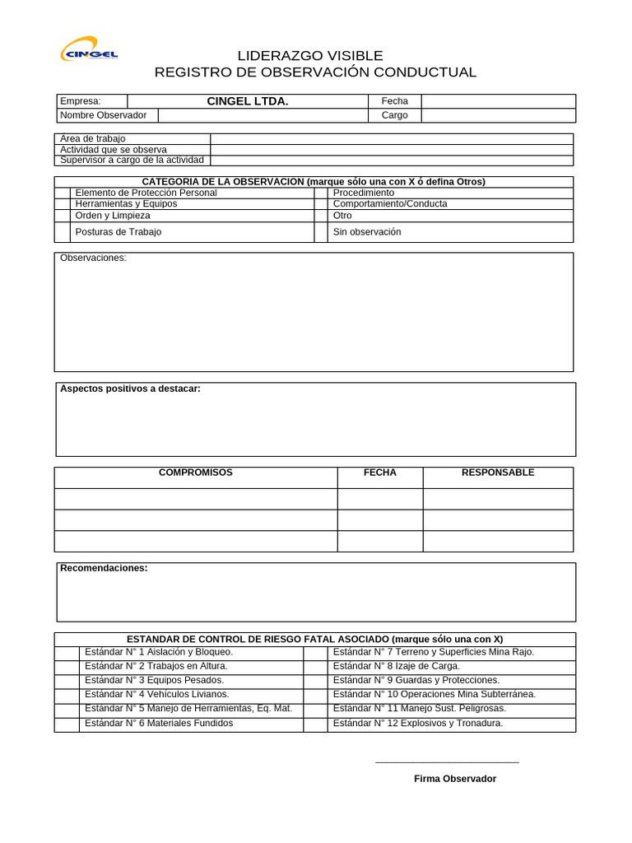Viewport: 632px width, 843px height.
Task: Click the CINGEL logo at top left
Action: pos(89,51)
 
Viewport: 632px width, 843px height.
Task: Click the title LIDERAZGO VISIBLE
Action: pos(310,56)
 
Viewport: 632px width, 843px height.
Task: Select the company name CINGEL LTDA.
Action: pos(247,101)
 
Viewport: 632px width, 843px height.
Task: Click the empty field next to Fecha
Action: pos(498,101)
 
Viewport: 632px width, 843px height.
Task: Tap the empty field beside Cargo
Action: pos(498,115)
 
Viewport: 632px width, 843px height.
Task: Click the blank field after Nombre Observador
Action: pos(263,115)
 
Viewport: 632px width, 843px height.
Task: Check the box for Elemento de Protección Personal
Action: pos(63,193)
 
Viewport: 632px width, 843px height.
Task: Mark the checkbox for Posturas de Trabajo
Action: pos(63,232)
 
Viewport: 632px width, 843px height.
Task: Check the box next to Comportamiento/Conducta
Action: pos(321,204)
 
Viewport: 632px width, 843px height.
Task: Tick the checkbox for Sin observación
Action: pos(321,232)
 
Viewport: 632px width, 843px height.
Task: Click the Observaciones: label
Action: pos(93,258)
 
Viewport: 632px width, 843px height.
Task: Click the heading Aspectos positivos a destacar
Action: pos(130,389)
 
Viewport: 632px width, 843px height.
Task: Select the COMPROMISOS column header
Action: pos(196,473)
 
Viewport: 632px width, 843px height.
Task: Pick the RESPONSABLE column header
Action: pos(498,473)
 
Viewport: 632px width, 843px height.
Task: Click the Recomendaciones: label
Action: pos(104,568)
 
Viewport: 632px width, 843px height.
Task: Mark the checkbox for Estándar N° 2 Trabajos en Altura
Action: pos(67,666)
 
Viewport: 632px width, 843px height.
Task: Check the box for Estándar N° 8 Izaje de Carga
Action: pos(315,666)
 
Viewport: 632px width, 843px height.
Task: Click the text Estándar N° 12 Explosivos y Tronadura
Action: pos(417,724)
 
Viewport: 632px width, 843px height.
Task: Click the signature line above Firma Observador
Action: pos(447,762)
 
